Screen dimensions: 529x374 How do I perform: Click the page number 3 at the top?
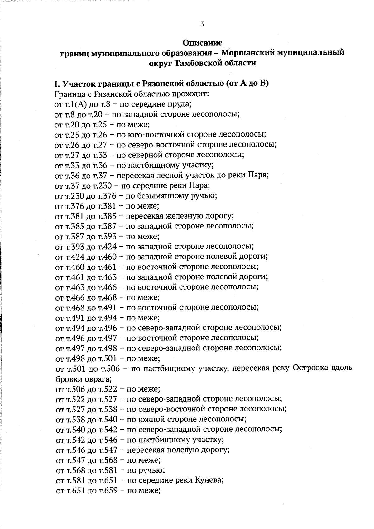202,24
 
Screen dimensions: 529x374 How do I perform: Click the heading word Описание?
202,42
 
